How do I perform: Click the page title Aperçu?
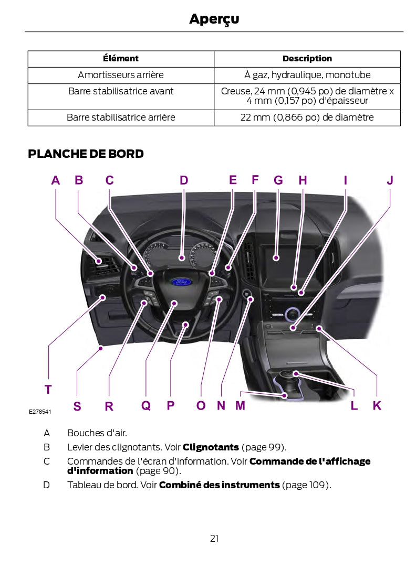point(214,19)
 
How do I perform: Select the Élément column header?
point(121,59)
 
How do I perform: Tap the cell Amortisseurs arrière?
point(121,75)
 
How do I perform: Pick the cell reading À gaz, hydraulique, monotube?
point(307,75)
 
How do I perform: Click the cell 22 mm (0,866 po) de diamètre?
point(307,117)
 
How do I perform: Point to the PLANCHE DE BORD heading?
point(86,154)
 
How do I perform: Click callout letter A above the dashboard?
point(56,181)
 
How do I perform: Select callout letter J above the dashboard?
point(390,181)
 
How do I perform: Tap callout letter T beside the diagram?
point(48,390)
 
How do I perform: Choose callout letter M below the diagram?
point(240,406)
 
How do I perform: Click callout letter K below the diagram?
point(377,406)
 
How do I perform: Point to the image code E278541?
point(40,412)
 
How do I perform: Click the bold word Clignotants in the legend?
point(211,447)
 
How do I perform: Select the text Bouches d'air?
point(97,433)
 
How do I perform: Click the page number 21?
point(214,538)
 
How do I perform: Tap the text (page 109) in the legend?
point(306,485)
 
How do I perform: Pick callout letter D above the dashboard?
point(184,181)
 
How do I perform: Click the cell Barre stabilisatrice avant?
point(121,91)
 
